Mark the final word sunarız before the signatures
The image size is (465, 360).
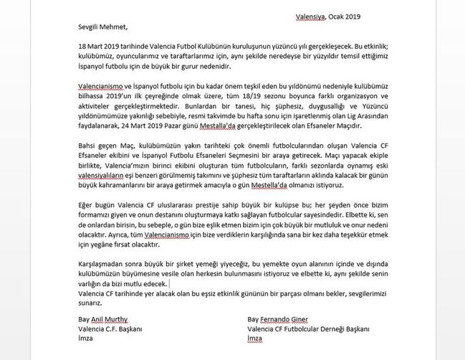point(90,304)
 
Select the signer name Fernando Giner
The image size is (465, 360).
point(286,320)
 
